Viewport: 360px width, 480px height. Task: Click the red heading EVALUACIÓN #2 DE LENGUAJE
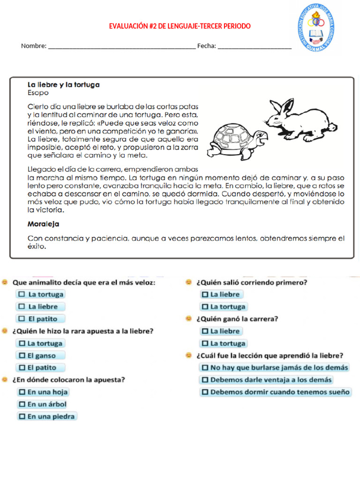tap(180, 26)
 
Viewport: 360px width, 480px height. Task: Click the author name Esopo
tap(38, 93)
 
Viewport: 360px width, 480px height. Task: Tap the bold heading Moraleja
tap(43, 224)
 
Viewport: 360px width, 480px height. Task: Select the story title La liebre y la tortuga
tap(63, 85)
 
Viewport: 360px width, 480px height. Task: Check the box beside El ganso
tap(22, 356)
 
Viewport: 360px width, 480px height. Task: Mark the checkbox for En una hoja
tap(22, 392)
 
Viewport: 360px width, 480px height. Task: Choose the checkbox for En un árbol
tap(22, 404)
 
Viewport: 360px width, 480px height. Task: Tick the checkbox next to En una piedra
tap(22, 416)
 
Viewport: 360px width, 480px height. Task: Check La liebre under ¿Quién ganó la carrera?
tap(205, 331)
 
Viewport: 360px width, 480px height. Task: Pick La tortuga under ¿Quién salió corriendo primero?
tap(205, 307)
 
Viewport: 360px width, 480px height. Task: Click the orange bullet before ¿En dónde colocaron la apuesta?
tap(5, 380)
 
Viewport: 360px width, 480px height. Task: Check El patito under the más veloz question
tap(22, 319)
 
